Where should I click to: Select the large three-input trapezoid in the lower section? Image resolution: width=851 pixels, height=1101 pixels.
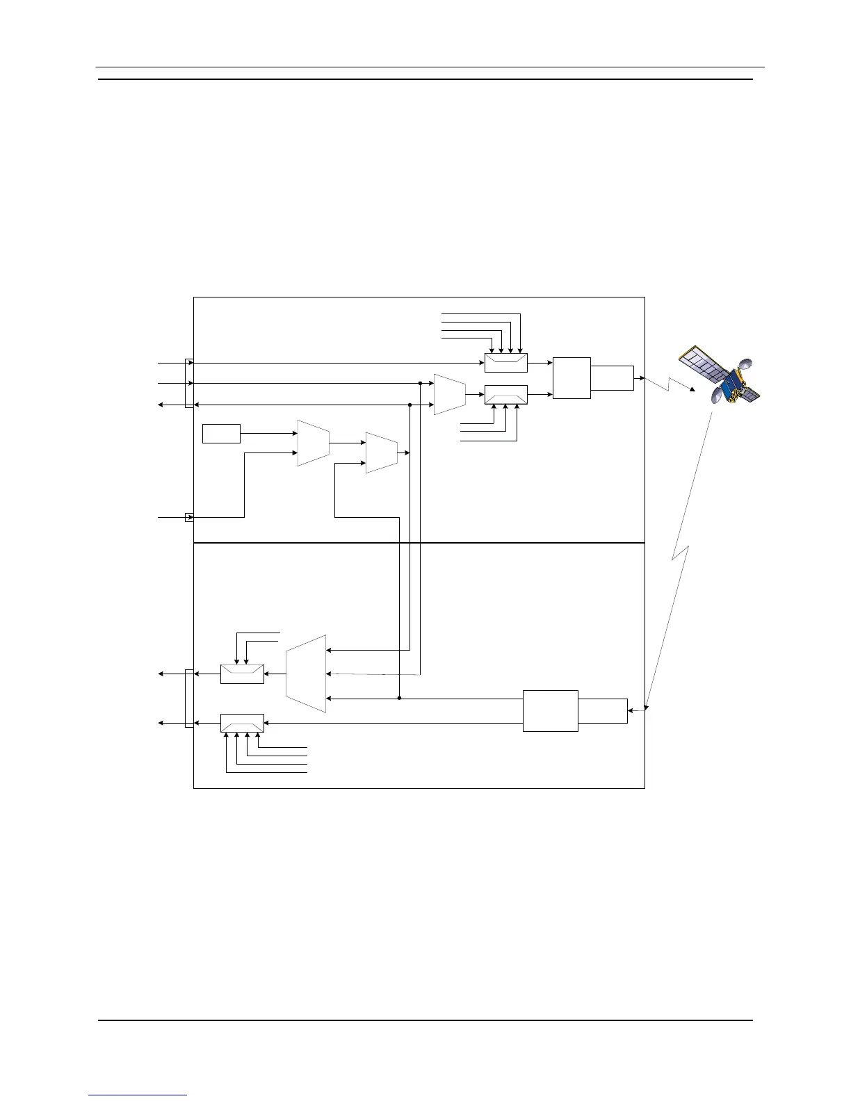pyautogui.click(x=306, y=674)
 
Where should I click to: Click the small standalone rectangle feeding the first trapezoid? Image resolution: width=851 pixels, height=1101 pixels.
pyautogui.click(x=221, y=433)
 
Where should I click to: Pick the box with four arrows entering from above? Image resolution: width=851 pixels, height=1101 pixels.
pyautogui.click(x=505, y=363)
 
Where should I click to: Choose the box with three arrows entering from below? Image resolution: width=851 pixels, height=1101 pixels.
pyautogui.click(x=505, y=395)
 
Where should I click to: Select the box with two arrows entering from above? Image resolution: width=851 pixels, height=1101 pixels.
pyautogui.click(x=242, y=674)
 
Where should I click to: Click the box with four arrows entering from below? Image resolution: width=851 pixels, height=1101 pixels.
pyautogui.click(x=242, y=723)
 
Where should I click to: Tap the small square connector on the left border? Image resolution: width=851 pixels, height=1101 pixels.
pyautogui.click(x=188, y=517)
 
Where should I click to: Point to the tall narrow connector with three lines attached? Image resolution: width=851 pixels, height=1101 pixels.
pyautogui.click(x=188, y=383)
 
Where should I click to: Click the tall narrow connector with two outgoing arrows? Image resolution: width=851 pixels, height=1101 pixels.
pyautogui.click(x=188, y=698)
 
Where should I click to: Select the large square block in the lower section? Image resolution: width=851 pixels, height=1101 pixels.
pyautogui.click(x=550, y=710)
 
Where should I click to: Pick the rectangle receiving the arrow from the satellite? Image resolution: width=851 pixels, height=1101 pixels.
pyautogui.click(x=603, y=710)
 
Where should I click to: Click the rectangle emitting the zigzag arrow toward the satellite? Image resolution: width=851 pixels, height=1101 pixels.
pyautogui.click(x=613, y=377)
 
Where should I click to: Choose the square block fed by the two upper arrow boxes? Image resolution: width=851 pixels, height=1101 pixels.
pyautogui.click(x=572, y=378)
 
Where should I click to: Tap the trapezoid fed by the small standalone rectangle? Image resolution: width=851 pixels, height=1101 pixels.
pyautogui.click(x=313, y=443)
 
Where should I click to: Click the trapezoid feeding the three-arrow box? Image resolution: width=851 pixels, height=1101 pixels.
pyautogui.click(x=449, y=394)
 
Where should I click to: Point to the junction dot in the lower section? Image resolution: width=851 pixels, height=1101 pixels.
pyautogui.click(x=400, y=698)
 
